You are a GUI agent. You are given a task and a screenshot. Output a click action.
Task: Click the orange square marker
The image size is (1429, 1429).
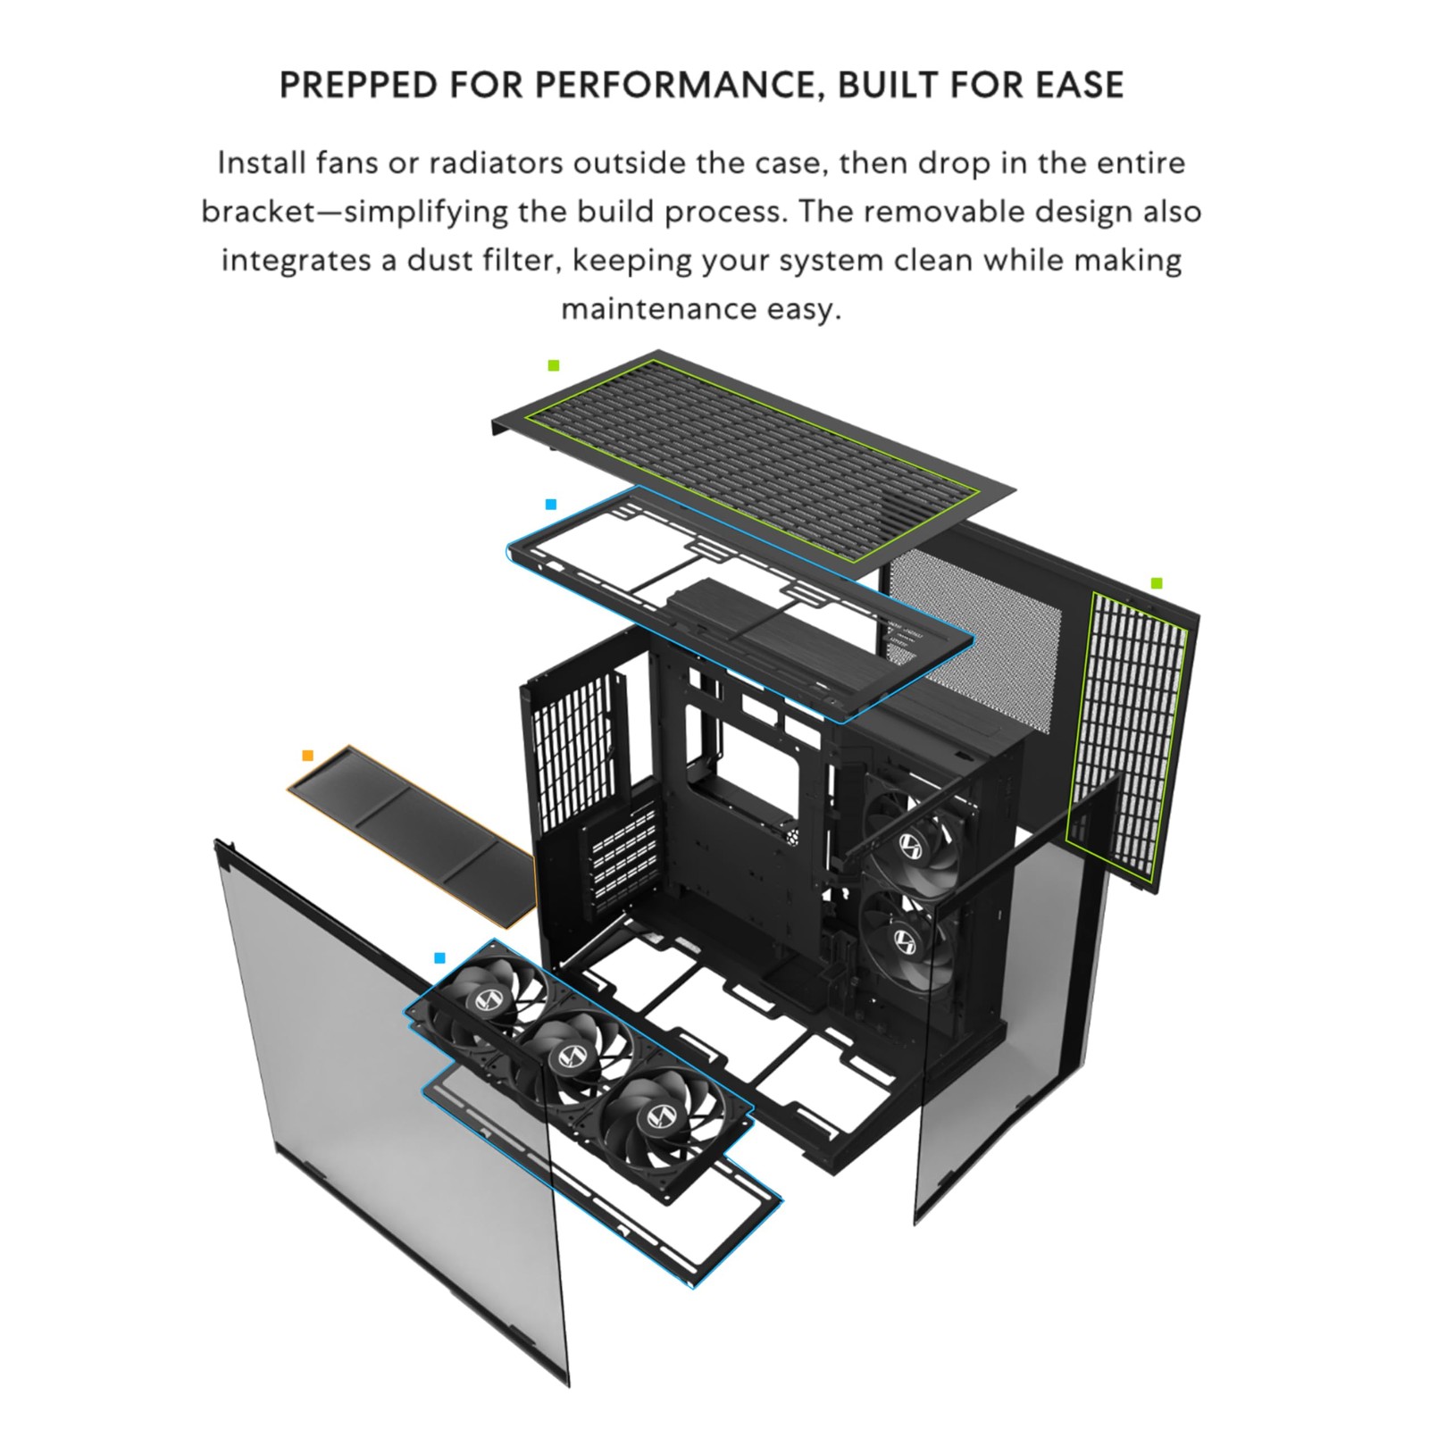tap(308, 756)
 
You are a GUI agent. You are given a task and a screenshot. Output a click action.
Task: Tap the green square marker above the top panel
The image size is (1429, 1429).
tap(554, 365)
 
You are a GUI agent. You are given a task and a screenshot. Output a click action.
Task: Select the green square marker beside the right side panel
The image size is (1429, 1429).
tap(1157, 583)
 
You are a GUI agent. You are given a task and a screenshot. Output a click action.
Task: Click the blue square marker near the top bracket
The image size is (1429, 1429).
tap(551, 505)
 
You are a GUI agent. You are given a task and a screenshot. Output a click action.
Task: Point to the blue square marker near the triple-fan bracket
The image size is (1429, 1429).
tap(439, 958)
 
